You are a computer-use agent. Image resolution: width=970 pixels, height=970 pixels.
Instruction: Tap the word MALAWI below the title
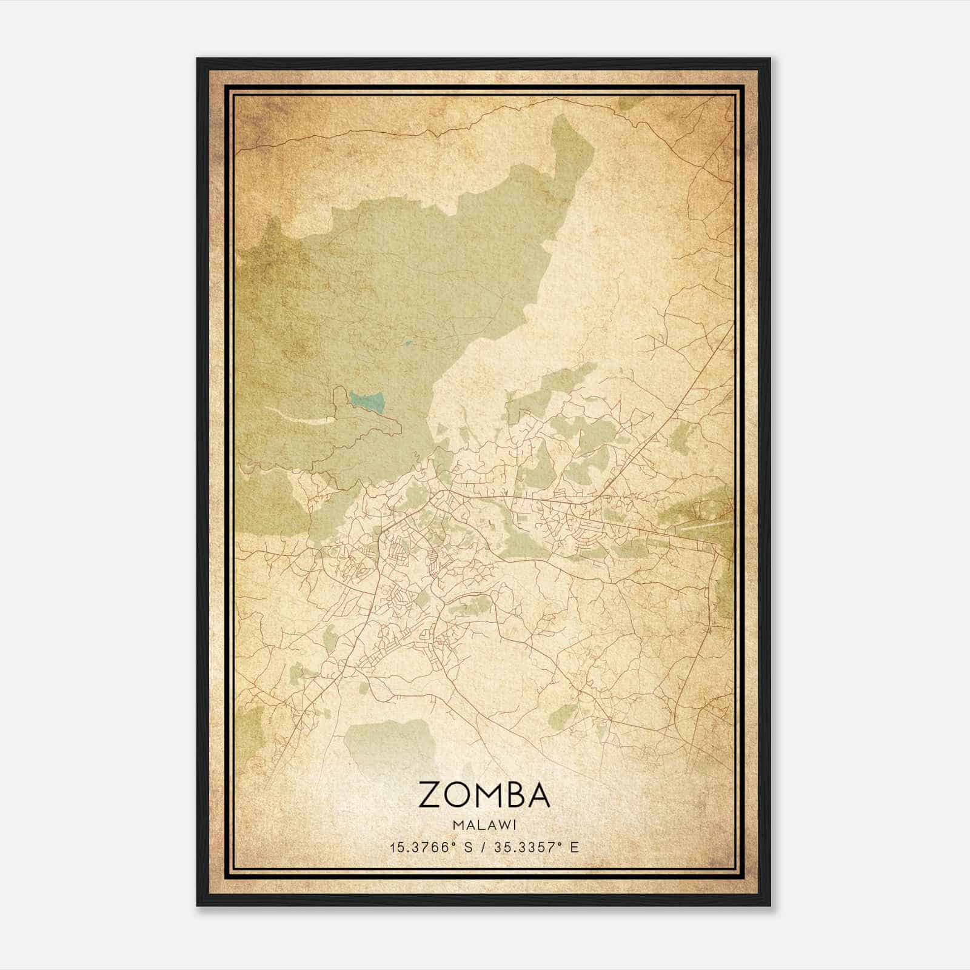click(x=484, y=825)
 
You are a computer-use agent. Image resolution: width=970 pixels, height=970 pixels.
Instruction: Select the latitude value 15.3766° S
click(x=431, y=847)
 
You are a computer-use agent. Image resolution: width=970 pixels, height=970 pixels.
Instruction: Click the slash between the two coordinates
click(x=484, y=847)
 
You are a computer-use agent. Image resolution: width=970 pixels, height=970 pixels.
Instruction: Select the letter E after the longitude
click(x=575, y=847)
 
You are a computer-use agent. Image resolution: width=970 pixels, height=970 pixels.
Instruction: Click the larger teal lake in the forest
click(x=367, y=401)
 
